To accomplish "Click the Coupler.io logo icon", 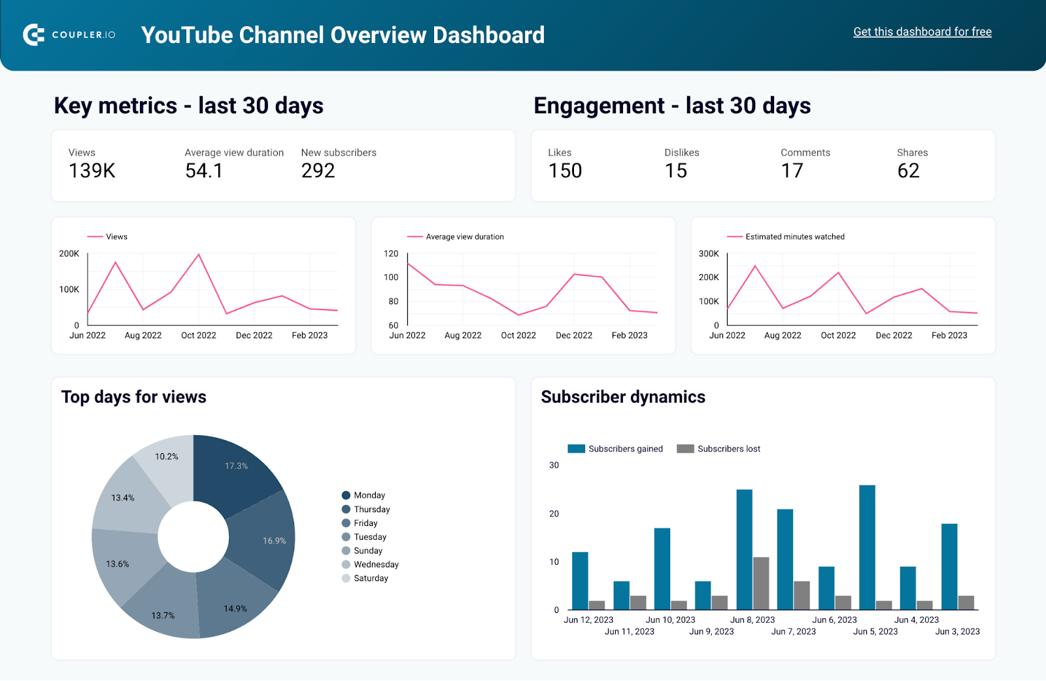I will [x=33, y=35].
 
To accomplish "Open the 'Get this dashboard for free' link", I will [x=922, y=32].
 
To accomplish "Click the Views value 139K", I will [x=92, y=171].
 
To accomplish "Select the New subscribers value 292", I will [x=318, y=171].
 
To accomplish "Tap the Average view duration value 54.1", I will [x=204, y=171].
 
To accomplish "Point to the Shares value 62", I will [x=908, y=171].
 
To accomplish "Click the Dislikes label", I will [x=681, y=152].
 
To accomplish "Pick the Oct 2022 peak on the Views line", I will [x=199, y=254].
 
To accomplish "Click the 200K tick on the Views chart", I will [x=69, y=254].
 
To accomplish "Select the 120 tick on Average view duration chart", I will [x=391, y=254].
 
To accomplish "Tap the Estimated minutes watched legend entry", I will [x=794, y=237].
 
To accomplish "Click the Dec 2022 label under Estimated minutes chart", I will [x=894, y=336].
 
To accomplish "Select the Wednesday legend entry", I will [x=375, y=565].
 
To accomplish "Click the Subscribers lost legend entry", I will [x=728, y=449].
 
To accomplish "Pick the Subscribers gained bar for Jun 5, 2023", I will [x=867, y=547].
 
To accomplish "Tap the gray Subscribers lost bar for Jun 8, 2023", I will [x=760, y=583].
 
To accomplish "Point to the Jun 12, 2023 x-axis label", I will [x=588, y=620].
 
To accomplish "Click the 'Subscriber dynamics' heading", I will [x=622, y=397].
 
